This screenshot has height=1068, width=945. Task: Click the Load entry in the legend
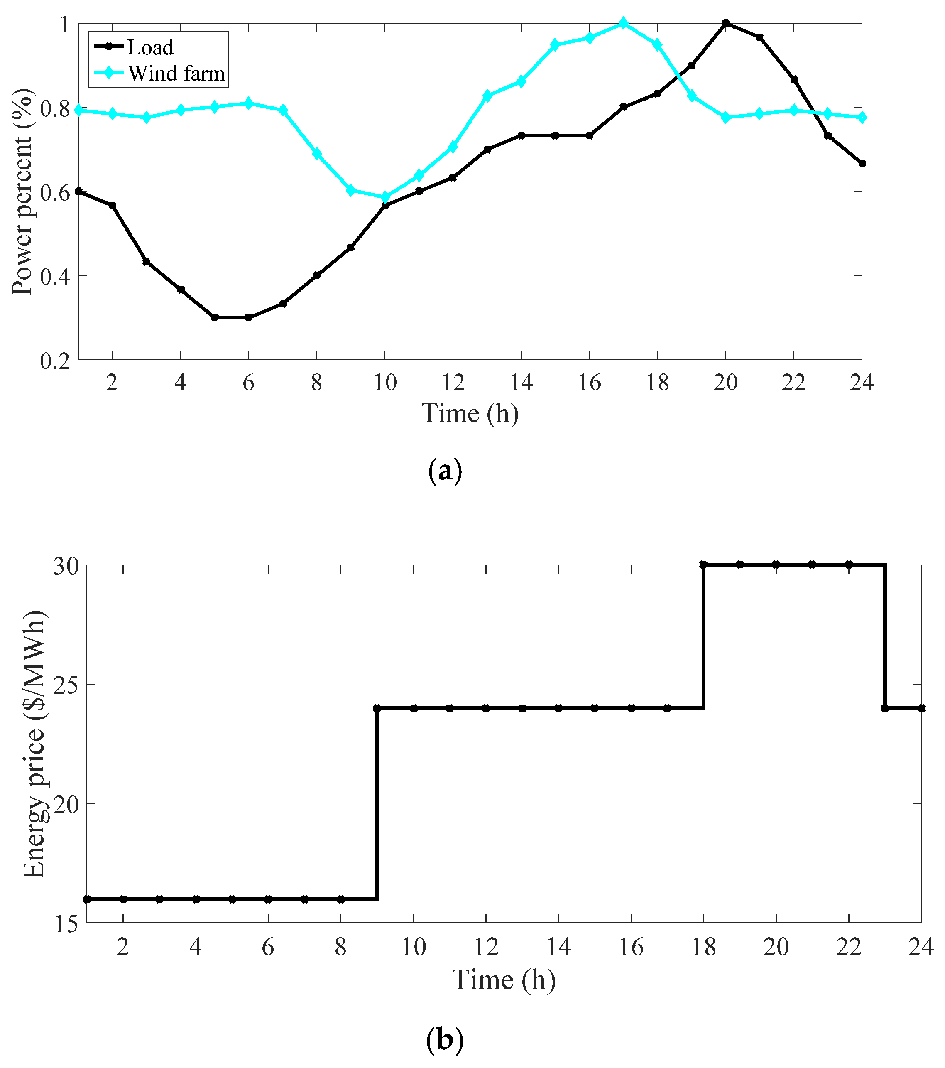(x=150, y=47)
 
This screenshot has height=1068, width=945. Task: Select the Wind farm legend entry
(x=176, y=73)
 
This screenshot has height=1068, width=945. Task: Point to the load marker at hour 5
(x=215, y=317)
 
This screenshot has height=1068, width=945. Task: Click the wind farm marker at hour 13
(x=487, y=96)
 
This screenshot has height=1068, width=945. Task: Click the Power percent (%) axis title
(x=22, y=192)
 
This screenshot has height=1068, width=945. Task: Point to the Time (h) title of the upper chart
(x=470, y=413)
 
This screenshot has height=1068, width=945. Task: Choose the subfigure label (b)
(x=445, y=1039)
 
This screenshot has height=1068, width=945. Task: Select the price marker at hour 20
(x=776, y=565)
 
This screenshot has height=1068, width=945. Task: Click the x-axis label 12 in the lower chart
(x=486, y=946)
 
